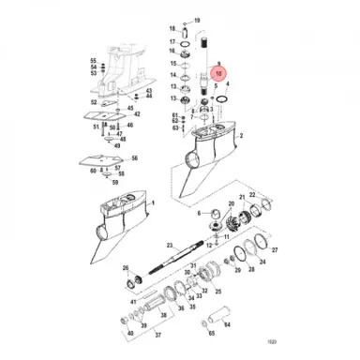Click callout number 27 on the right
275,251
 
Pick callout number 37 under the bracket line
157,335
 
